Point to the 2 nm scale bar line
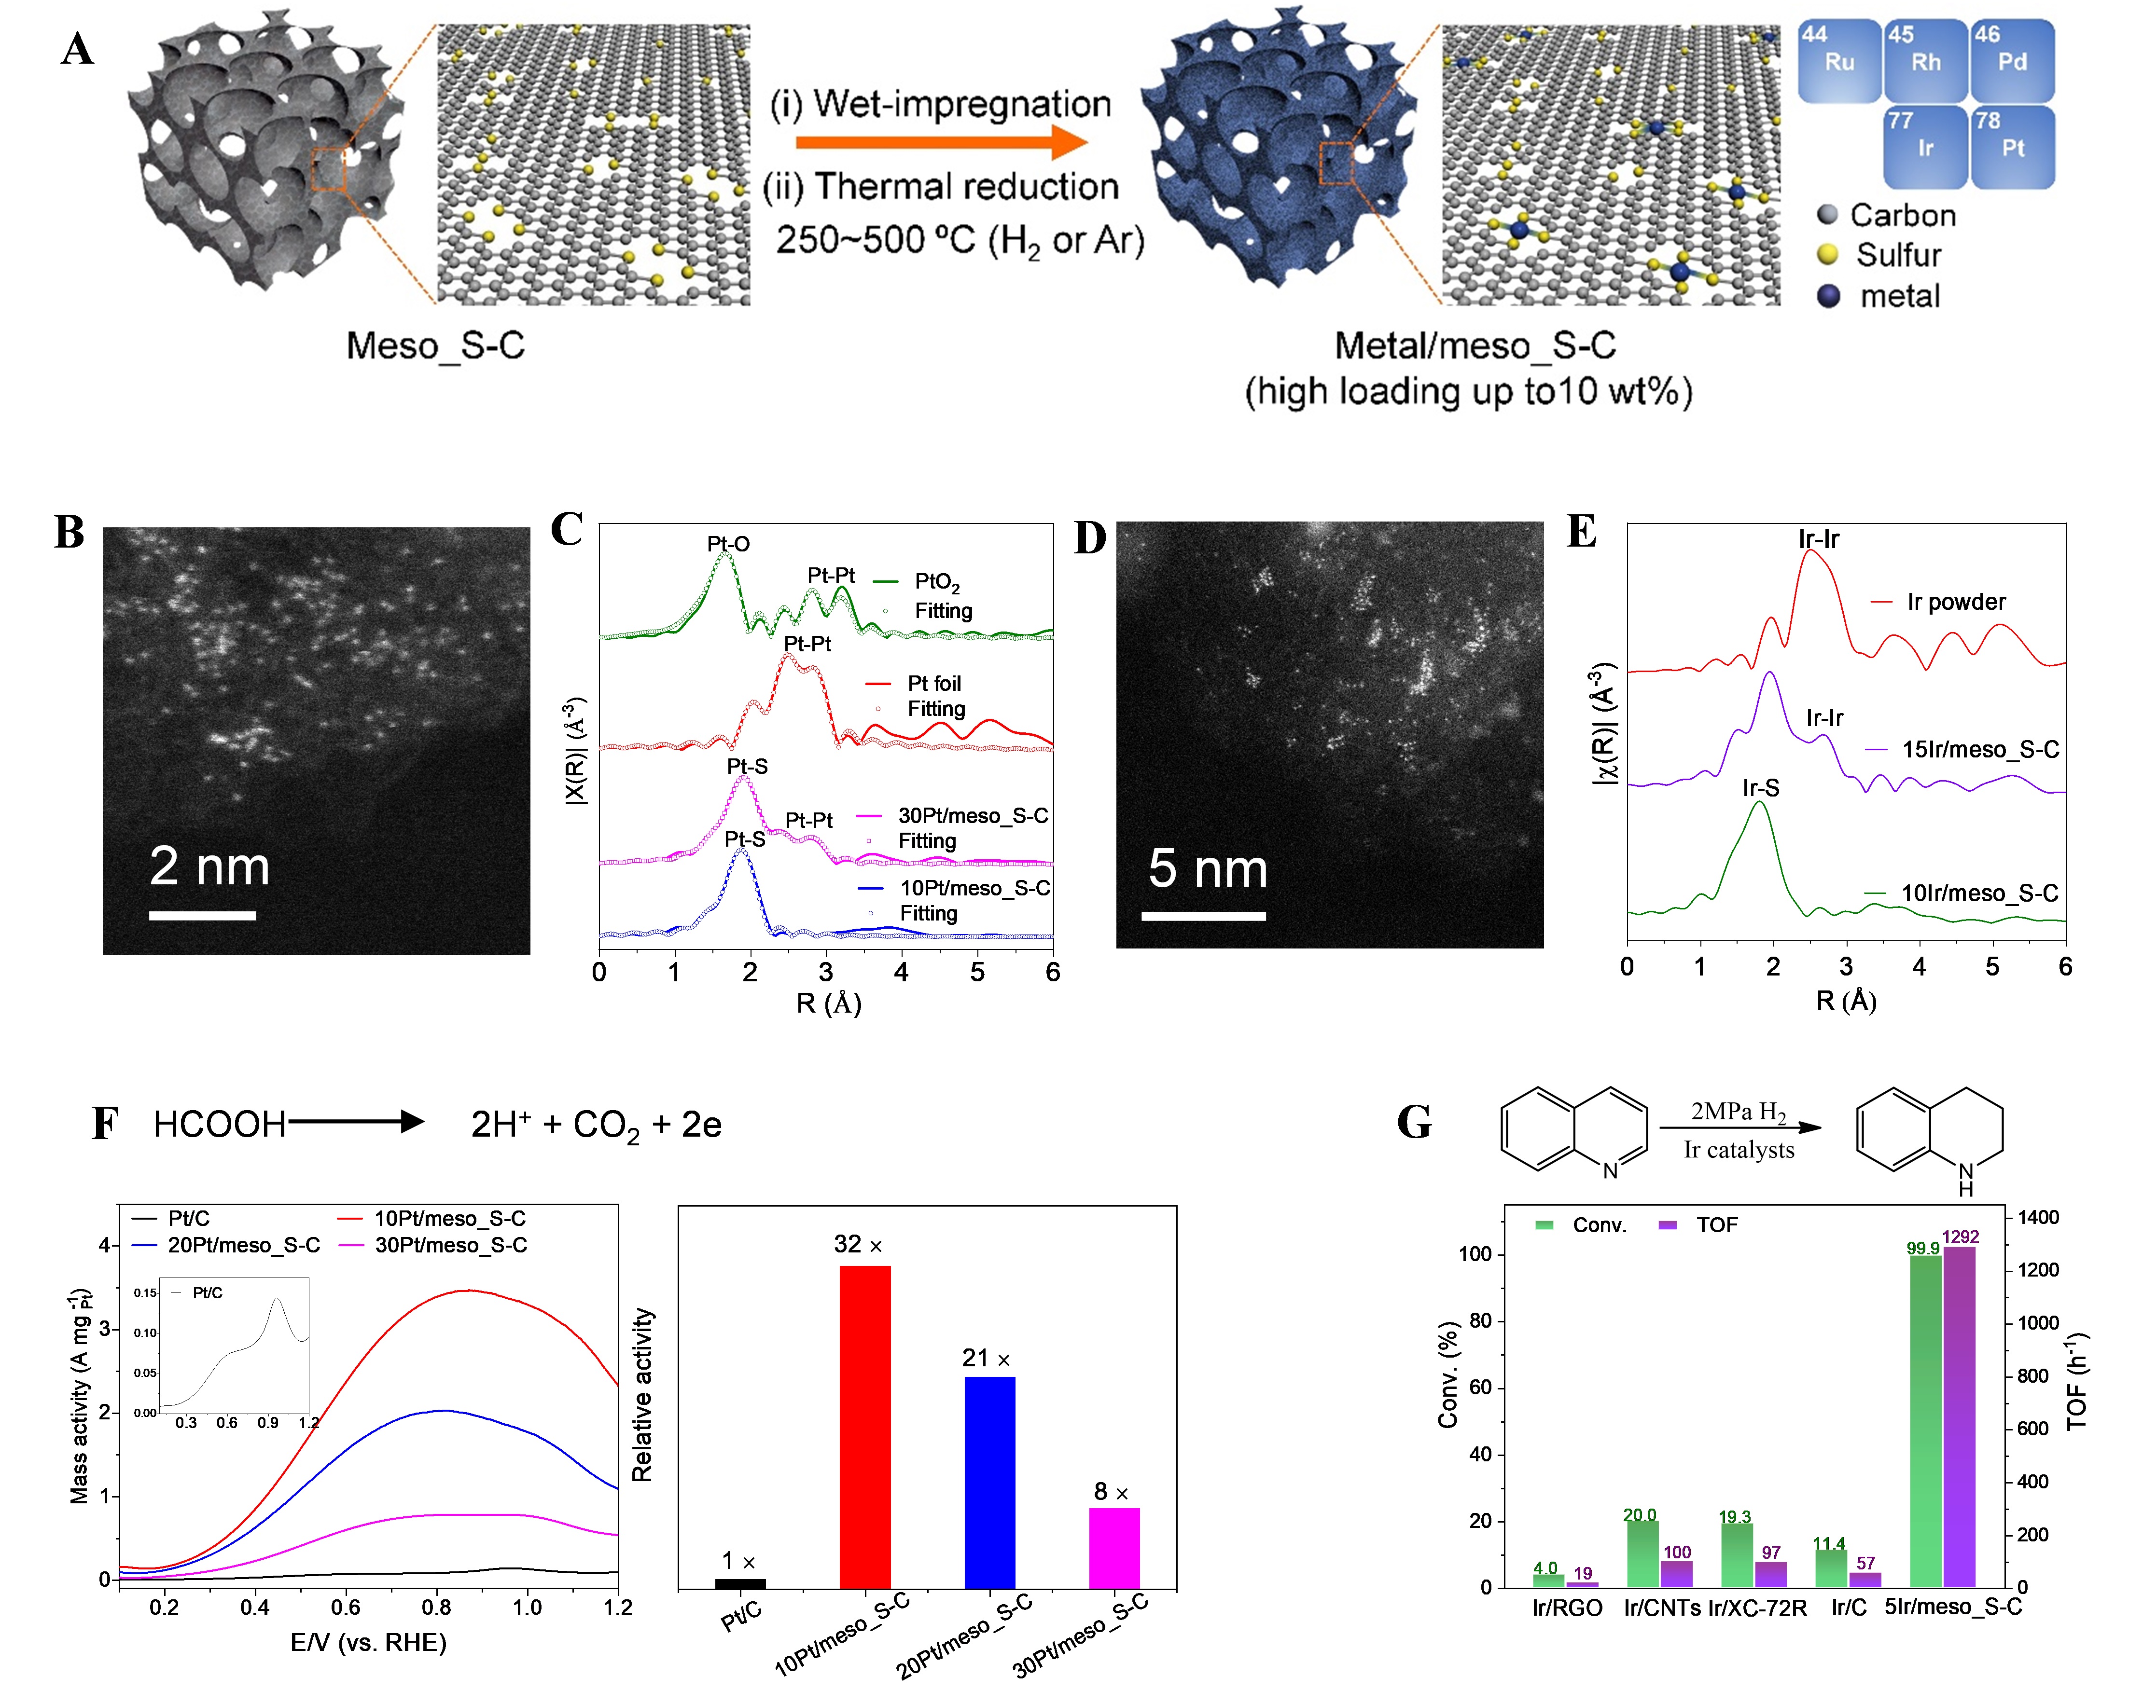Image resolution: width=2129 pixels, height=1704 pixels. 202,915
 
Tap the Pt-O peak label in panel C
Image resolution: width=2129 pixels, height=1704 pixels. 728,544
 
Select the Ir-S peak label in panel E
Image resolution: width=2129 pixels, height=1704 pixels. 1761,788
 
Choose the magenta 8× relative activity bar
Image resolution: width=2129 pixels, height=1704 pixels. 1114,1548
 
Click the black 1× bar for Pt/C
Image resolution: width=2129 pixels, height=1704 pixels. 739,1583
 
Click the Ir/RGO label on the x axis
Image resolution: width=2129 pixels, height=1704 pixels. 1567,1608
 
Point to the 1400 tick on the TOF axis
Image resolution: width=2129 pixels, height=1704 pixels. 2037,1217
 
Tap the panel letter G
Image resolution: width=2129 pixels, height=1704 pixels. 1414,1123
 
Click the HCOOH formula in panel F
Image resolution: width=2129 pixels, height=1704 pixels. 219,1125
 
